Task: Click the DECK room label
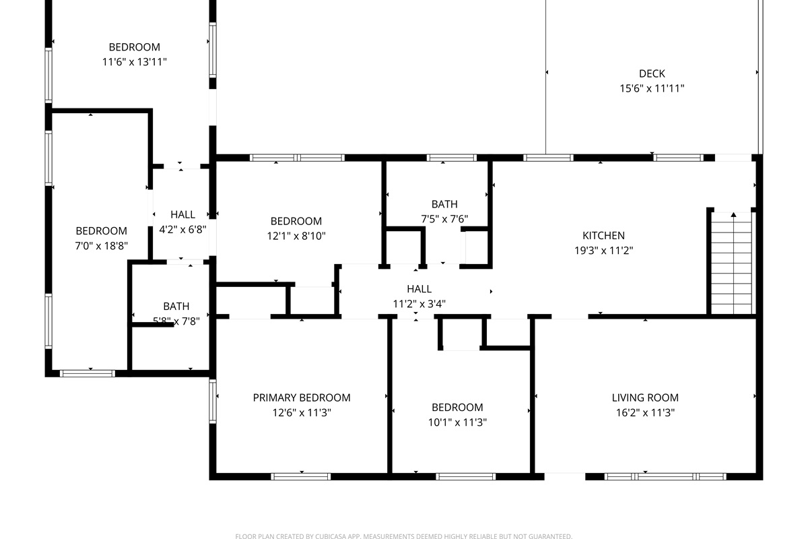click(652, 73)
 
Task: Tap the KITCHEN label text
click(603, 235)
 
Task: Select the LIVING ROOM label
click(645, 398)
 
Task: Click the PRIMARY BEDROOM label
click(302, 398)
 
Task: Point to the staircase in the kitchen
click(731, 263)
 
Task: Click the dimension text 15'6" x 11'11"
click(652, 88)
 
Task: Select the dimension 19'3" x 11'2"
click(603, 250)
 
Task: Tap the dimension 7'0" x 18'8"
click(101, 246)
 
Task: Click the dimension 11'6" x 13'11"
click(135, 62)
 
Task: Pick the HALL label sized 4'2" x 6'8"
click(182, 214)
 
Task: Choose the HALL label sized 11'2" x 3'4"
click(419, 289)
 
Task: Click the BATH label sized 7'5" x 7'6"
click(444, 204)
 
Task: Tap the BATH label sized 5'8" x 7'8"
click(176, 306)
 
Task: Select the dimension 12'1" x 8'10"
click(296, 236)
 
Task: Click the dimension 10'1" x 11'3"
click(457, 422)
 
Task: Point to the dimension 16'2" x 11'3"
click(645, 412)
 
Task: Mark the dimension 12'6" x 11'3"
click(302, 412)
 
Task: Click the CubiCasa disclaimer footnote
click(404, 536)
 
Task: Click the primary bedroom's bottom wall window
click(301, 476)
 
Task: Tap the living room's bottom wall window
click(664, 476)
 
